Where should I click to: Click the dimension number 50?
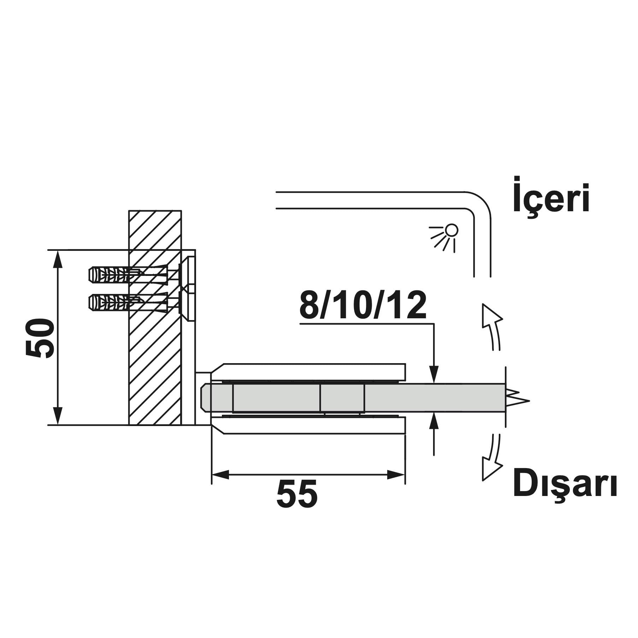(40, 338)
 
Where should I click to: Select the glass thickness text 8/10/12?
(363, 305)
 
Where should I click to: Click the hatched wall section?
(155, 318)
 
